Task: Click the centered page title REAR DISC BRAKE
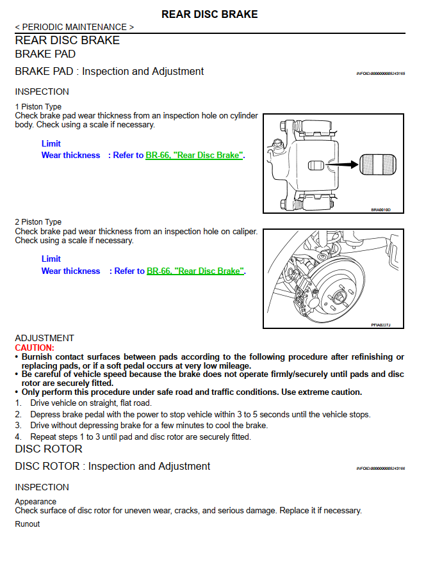209,14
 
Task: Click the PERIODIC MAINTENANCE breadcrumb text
74,27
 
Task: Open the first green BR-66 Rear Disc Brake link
194,155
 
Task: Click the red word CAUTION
35,348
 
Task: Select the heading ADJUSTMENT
44,338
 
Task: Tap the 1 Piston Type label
38,107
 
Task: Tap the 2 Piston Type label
38,222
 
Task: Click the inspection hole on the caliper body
316,165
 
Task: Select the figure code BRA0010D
381,209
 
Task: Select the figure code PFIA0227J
381,325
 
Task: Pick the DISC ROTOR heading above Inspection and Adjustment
49,449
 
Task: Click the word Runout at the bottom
28,524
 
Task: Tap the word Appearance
36,502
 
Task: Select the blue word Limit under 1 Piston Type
51,143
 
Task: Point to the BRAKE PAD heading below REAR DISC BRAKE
45,54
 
